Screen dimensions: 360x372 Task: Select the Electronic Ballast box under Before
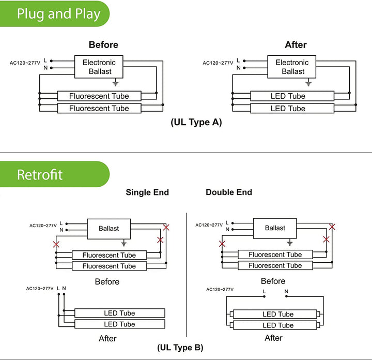pos(99,67)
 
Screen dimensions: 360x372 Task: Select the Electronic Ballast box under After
pos(292,67)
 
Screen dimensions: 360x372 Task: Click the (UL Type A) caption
pos(196,123)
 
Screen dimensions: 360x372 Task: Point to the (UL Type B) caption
pos(180,347)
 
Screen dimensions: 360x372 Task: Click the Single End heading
pos(147,192)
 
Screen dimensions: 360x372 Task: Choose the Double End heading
pos(229,192)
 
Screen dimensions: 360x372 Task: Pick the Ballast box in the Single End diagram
pos(109,228)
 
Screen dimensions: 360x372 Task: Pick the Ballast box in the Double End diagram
pos(275,228)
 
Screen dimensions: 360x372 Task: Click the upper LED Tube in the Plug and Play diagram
pos(288,96)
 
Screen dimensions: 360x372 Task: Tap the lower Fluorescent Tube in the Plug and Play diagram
pos(99,109)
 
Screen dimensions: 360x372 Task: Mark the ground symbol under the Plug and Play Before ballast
pos(116,82)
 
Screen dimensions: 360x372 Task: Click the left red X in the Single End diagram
pos(56,244)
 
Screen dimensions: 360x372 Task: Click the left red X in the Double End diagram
pos(222,244)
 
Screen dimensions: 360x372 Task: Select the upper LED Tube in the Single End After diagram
pos(119,313)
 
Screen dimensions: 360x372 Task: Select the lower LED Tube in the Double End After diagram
pos(278,325)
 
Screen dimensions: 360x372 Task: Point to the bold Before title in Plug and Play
pos(103,45)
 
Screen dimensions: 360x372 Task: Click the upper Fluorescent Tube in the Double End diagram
pos(275,254)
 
